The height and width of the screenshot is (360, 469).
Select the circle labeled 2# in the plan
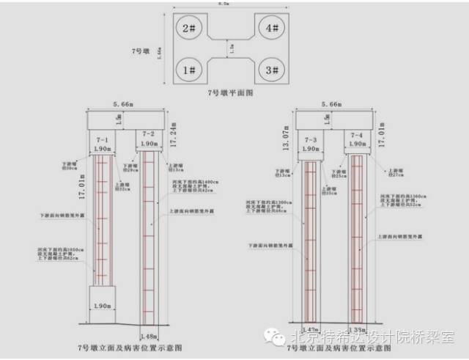190,29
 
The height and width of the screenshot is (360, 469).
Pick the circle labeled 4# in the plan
272,29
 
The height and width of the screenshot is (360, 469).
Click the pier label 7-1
103,139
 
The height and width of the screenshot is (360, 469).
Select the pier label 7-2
149,134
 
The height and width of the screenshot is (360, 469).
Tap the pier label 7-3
310,139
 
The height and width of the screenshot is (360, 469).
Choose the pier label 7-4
357,136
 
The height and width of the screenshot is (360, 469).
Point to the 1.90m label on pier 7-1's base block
103,304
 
